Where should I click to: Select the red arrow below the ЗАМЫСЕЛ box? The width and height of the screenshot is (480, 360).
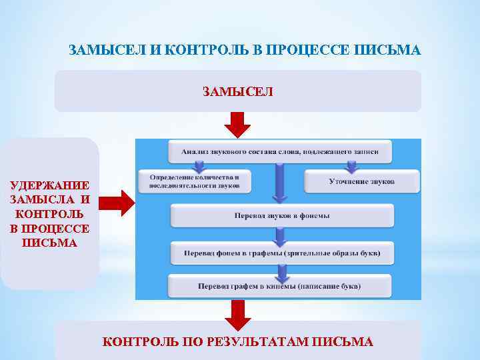[x=237, y=125]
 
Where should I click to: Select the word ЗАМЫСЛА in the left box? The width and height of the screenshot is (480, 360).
[x=41, y=199]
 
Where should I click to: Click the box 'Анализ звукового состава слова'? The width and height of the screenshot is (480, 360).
[x=280, y=152]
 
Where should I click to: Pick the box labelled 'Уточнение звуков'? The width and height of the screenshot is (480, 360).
[x=361, y=181]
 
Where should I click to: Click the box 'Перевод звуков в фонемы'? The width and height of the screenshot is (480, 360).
[x=282, y=216]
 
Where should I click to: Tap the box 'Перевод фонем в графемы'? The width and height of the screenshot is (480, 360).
[x=282, y=253]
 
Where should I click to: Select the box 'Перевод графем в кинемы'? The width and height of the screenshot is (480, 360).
[x=279, y=286]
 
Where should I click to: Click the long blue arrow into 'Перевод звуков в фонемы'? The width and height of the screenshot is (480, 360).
[x=280, y=183]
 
